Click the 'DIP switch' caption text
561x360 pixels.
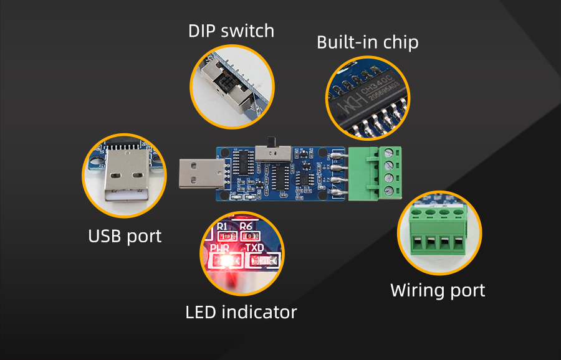231,31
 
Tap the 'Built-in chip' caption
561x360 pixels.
367,42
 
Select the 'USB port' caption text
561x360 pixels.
125,236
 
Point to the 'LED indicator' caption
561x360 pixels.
241,312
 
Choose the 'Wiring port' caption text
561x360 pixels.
438,290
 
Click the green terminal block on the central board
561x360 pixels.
373,173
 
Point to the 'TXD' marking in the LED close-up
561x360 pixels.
256,248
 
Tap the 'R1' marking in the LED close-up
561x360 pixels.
223,226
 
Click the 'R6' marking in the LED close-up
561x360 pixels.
247,226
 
